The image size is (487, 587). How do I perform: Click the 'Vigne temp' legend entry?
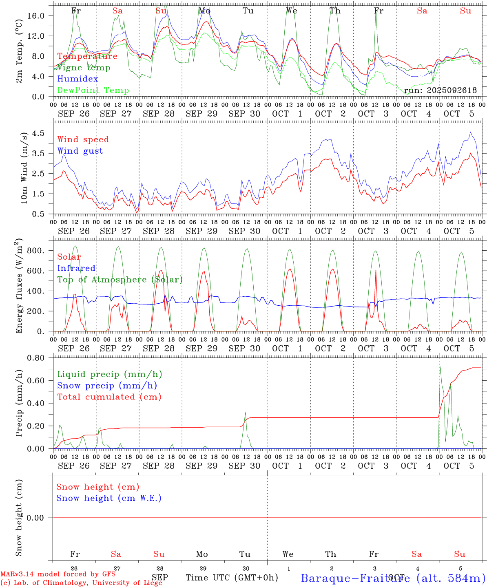point(84,68)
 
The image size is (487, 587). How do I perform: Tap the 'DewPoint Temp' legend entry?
point(93,90)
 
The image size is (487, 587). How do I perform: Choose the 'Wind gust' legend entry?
point(80,151)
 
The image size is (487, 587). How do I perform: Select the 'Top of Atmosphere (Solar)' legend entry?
point(120,280)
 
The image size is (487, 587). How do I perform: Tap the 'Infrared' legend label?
point(76,268)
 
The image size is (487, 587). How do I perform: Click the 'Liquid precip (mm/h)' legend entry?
point(110,374)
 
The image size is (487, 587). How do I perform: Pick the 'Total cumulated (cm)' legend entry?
point(109,397)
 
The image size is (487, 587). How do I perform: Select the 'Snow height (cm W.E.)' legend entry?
point(109,498)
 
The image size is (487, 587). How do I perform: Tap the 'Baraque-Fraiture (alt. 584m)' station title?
point(393,578)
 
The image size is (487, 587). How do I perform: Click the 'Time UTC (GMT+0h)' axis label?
point(232,578)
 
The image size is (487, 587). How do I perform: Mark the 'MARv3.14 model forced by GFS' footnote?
point(58,574)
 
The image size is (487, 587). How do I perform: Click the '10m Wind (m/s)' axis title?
point(24,168)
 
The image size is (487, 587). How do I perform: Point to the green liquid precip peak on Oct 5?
point(440,367)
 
